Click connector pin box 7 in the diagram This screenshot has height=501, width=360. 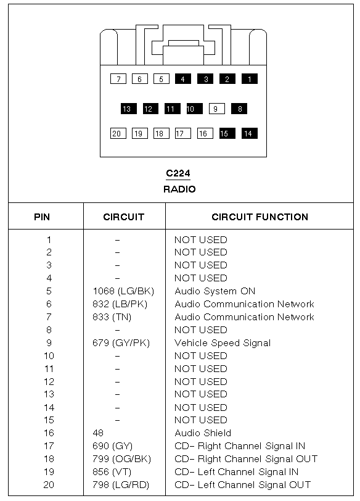click(x=118, y=79)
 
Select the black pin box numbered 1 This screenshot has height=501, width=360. click(x=249, y=79)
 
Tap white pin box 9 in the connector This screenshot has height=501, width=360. click(x=217, y=109)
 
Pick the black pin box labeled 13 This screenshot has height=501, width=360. click(x=129, y=109)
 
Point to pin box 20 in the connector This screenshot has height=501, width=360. click(x=118, y=133)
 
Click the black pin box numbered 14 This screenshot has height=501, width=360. click(x=249, y=133)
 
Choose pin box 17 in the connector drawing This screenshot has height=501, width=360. click(x=183, y=133)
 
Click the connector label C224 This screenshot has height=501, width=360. click(x=178, y=173)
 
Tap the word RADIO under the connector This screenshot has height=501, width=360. click(x=179, y=189)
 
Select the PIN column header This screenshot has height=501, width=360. click(x=42, y=217)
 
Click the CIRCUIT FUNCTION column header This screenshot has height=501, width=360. click(x=260, y=217)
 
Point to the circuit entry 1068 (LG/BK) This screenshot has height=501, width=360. click(x=123, y=291)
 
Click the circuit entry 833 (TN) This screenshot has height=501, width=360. click(x=112, y=317)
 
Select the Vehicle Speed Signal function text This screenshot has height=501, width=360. click(x=223, y=343)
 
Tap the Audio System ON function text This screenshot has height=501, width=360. click(x=215, y=291)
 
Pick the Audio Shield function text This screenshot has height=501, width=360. click(x=203, y=433)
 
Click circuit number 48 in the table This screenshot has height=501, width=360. click(x=98, y=433)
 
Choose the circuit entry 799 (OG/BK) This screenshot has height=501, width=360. click(x=122, y=459)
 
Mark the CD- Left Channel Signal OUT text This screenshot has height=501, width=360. click(x=242, y=485)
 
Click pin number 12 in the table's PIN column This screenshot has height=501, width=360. click(x=49, y=381)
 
